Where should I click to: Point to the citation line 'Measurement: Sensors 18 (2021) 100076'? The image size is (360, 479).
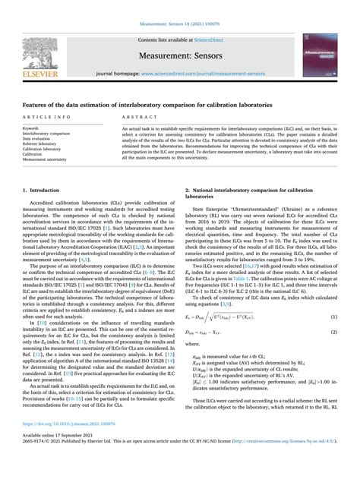pyautogui.click(x=180, y=5)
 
